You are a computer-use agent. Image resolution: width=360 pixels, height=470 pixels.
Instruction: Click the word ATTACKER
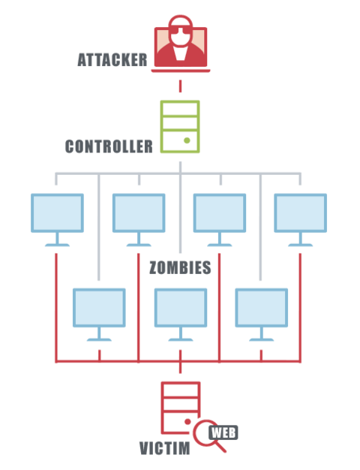tap(112, 59)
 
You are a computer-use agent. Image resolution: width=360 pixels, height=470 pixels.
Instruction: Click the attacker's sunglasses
tap(180, 31)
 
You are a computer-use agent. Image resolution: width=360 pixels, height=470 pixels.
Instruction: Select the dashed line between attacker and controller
tap(180, 86)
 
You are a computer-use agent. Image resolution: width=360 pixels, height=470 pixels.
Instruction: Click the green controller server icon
tap(180, 127)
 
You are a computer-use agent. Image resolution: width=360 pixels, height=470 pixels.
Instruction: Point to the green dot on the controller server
tap(187, 140)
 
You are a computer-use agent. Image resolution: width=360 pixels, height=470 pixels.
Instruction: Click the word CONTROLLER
tap(109, 146)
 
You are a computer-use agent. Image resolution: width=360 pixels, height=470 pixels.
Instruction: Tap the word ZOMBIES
tap(180, 267)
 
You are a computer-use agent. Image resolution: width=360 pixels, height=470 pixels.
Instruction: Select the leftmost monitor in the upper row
tap(57, 220)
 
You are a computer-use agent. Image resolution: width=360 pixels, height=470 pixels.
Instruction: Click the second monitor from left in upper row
tap(139, 220)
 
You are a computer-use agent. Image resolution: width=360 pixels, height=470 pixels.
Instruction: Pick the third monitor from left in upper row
tap(220, 220)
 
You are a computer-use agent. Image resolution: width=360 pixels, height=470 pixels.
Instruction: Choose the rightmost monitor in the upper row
tap(301, 220)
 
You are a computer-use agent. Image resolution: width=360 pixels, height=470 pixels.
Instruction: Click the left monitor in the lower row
tap(99, 315)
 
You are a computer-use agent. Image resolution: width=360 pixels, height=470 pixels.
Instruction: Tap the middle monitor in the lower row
tap(181, 315)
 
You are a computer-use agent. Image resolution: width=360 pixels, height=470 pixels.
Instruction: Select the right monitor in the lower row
tap(262, 315)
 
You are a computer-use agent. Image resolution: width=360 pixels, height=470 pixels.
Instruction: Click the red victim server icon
tap(180, 408)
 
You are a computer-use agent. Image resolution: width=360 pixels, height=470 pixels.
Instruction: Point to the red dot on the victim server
tap(187, 422)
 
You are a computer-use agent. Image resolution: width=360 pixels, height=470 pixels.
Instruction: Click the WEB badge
tap(223, 432)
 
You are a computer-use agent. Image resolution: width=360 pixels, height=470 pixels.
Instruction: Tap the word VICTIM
tap(165, 448)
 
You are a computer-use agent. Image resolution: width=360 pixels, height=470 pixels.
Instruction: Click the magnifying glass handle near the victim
tap(220, 447)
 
